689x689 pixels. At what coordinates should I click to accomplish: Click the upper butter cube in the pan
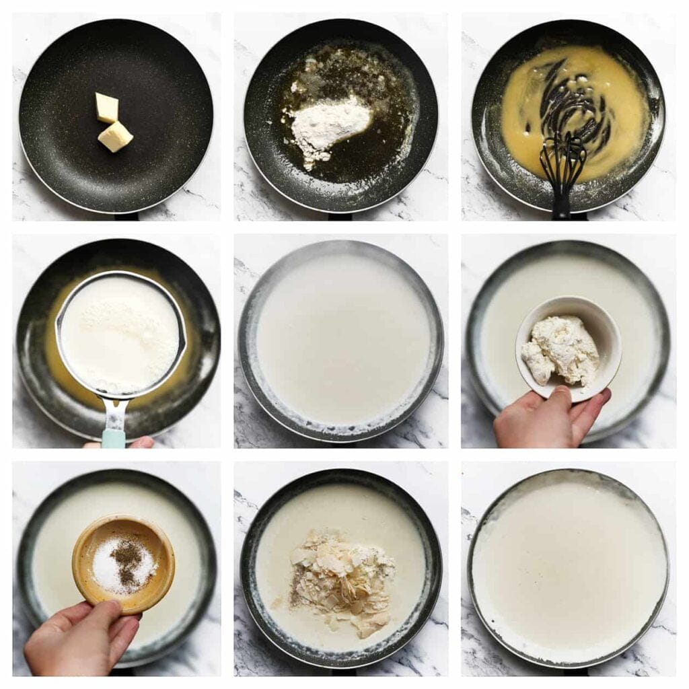click(x=106, y=107)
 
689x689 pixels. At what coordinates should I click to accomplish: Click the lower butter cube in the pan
click(x=115, y=136)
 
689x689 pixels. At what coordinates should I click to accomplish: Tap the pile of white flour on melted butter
click(x=330, y=124)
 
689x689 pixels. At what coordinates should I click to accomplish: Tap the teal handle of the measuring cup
click(x=114, y=437)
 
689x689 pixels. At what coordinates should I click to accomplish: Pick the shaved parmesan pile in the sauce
click(x=340, y=579)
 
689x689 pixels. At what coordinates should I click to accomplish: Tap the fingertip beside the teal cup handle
click(x=141, y=442)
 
